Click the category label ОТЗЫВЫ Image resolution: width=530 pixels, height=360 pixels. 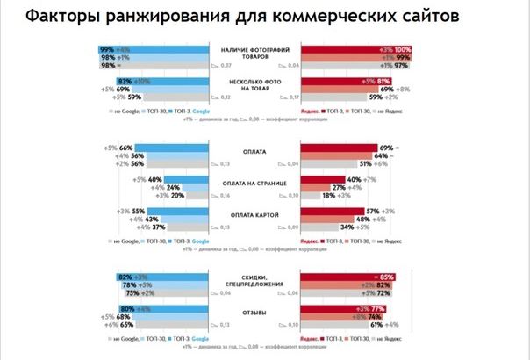pos(254,312)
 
